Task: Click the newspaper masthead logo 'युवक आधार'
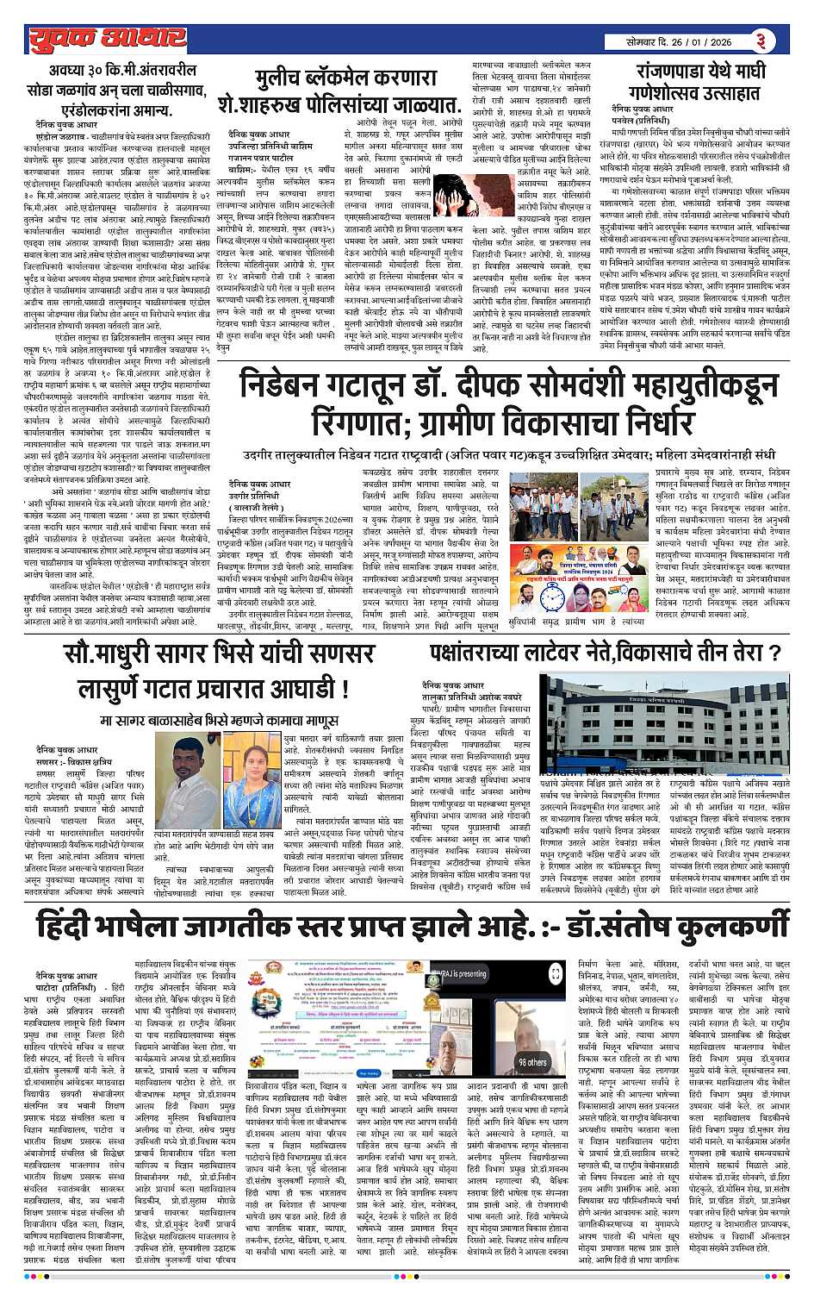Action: point(107,38)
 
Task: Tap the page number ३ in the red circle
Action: point(762,41)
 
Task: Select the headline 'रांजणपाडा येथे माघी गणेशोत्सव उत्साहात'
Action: point(699,81)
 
